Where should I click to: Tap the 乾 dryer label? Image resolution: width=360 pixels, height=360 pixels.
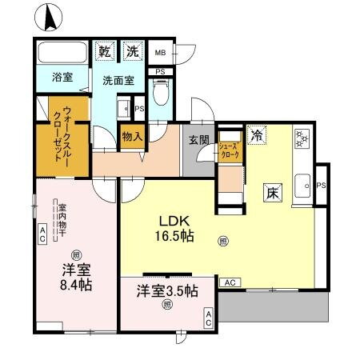[105, 51]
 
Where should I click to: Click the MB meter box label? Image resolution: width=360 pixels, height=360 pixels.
[160, 53]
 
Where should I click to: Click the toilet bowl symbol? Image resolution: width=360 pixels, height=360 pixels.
[159, 98]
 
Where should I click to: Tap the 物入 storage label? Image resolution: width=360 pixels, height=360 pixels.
[132, 137]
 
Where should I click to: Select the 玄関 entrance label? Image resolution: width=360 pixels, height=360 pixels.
[199, 141]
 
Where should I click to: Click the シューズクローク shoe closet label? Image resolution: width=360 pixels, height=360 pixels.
[228, 150]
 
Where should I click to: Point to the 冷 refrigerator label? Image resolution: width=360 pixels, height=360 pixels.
[256, 135]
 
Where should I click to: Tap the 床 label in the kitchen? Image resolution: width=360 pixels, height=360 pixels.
[272, 192]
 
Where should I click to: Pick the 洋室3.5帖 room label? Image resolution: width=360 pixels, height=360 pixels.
[166, 292]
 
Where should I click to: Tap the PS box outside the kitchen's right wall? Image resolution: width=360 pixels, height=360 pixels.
[322, 186]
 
